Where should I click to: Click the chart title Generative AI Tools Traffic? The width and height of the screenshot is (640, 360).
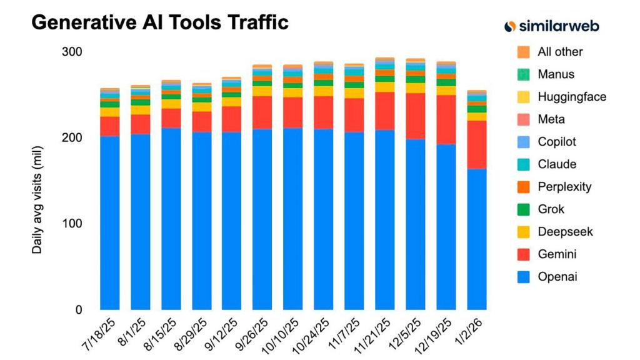pos(159,22)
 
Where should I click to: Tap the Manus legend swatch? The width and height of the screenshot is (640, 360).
pos(524,74)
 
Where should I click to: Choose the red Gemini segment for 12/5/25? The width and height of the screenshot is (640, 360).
pos(416,116)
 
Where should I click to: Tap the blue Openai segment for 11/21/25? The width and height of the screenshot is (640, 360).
pos(385,219)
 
